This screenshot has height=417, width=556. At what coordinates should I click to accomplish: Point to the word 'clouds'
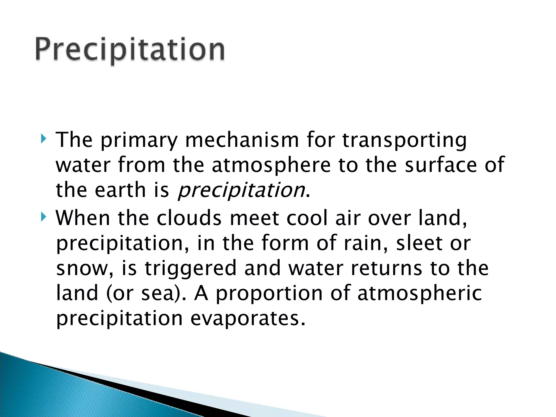pyautogui.click(x=189, y=218)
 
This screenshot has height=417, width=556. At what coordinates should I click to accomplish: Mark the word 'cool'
pyautogui.click(x=307, y=218)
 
